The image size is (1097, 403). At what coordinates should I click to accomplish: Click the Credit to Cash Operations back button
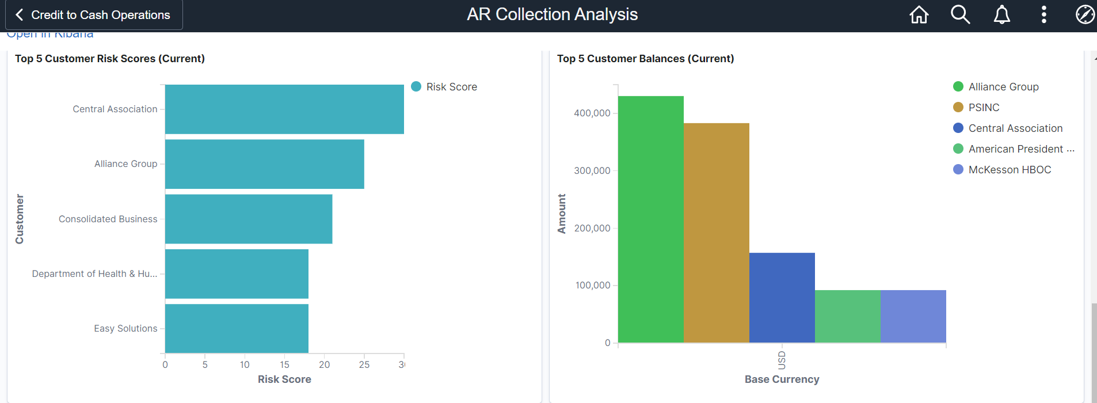(x=94, y=15)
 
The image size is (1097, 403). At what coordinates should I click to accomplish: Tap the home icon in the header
(x=919, y=14)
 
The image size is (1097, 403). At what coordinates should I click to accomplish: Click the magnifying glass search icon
(x=960, y=14)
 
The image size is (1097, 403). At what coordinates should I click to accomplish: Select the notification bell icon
(x=1001, y=14)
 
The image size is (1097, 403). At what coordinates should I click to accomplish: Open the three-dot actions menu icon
(x=1043, y=14)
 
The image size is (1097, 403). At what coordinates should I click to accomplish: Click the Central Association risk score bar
(x=284, y=109)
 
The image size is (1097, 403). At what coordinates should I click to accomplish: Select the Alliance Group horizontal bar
(x=264, y=164)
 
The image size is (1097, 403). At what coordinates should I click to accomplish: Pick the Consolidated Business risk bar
(x=249, y=219)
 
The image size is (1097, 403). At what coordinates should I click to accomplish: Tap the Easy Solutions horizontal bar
(x=237, y=328)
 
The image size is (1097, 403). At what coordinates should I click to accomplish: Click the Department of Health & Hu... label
(x=94, y=274)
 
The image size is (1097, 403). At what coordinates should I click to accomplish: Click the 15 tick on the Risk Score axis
(x=284, y=364)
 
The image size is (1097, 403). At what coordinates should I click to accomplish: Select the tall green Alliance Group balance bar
(x=650, y=219)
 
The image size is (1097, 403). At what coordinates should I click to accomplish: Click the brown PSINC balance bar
(x=716, y=233)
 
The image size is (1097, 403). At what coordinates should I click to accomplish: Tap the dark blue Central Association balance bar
(x=782, y=298)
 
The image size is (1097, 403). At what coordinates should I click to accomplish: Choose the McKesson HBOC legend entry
(x=1010, y=170)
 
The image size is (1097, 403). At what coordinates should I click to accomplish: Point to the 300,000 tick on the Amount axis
(x=592, y=170)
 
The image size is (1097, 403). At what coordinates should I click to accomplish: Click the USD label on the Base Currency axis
(x=782, y=360)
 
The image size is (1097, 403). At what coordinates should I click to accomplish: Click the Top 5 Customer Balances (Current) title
(x=645, y=59)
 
